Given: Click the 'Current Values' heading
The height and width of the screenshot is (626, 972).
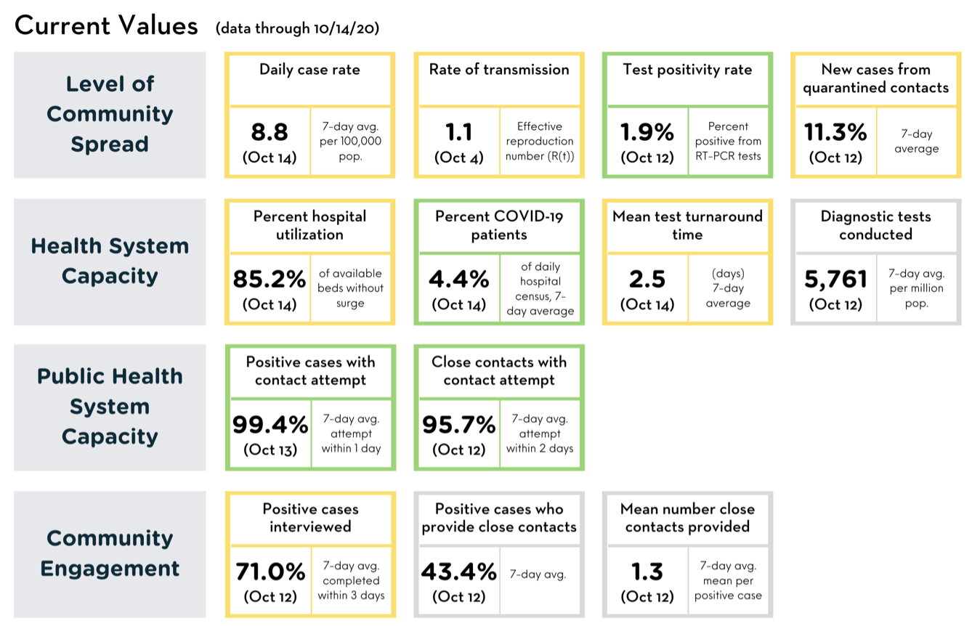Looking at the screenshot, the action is (106, 25).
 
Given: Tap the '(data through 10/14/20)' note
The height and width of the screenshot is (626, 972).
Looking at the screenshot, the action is (297, 28).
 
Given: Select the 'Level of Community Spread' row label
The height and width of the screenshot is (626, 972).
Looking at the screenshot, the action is (110, 114).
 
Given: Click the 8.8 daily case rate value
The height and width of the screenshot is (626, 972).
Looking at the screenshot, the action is (270, 132).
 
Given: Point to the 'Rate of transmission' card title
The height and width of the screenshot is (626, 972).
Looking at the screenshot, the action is (499, 70).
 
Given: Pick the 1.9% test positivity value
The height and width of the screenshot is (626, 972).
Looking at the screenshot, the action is (647, 132).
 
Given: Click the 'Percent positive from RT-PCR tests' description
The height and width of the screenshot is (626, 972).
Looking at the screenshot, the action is (728, 141).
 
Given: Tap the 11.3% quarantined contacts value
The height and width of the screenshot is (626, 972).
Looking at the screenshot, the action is (835, 132).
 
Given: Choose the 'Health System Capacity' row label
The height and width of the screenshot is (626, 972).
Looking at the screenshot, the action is (110, 261).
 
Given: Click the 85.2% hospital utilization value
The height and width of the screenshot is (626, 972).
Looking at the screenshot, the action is (270, 279).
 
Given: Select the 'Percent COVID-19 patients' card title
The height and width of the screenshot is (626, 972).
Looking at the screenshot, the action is (499, 225).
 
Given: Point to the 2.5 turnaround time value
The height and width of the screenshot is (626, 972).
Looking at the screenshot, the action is (647, 279).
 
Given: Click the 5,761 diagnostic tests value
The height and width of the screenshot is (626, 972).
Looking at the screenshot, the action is (835, 279).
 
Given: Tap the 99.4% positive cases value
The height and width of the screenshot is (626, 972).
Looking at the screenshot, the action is (270, 424).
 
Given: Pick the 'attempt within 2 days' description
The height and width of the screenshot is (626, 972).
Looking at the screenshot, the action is (540, 441).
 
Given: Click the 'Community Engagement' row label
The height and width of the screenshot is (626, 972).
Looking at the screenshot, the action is (110, 553).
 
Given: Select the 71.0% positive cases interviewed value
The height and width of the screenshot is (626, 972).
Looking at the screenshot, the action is (270, 572).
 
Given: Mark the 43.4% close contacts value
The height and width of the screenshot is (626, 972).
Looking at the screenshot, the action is (459, 572).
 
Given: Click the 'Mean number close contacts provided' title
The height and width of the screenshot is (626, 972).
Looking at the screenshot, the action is (688, 518).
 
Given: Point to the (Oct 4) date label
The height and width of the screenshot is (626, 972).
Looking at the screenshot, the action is (458, 158).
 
